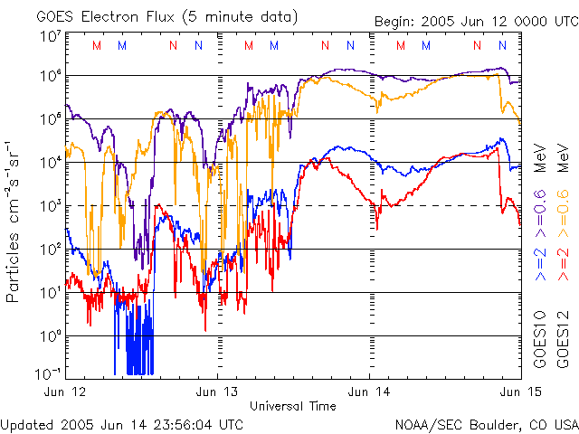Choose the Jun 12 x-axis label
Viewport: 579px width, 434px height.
(x=65, y=392)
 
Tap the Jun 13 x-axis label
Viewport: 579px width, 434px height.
(x=217, y=392)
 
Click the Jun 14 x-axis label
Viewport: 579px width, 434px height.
(x=369, y=392)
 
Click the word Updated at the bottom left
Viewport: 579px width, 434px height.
(x=28, y=424)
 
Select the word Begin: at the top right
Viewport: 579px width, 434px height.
(x=396, y=21)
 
